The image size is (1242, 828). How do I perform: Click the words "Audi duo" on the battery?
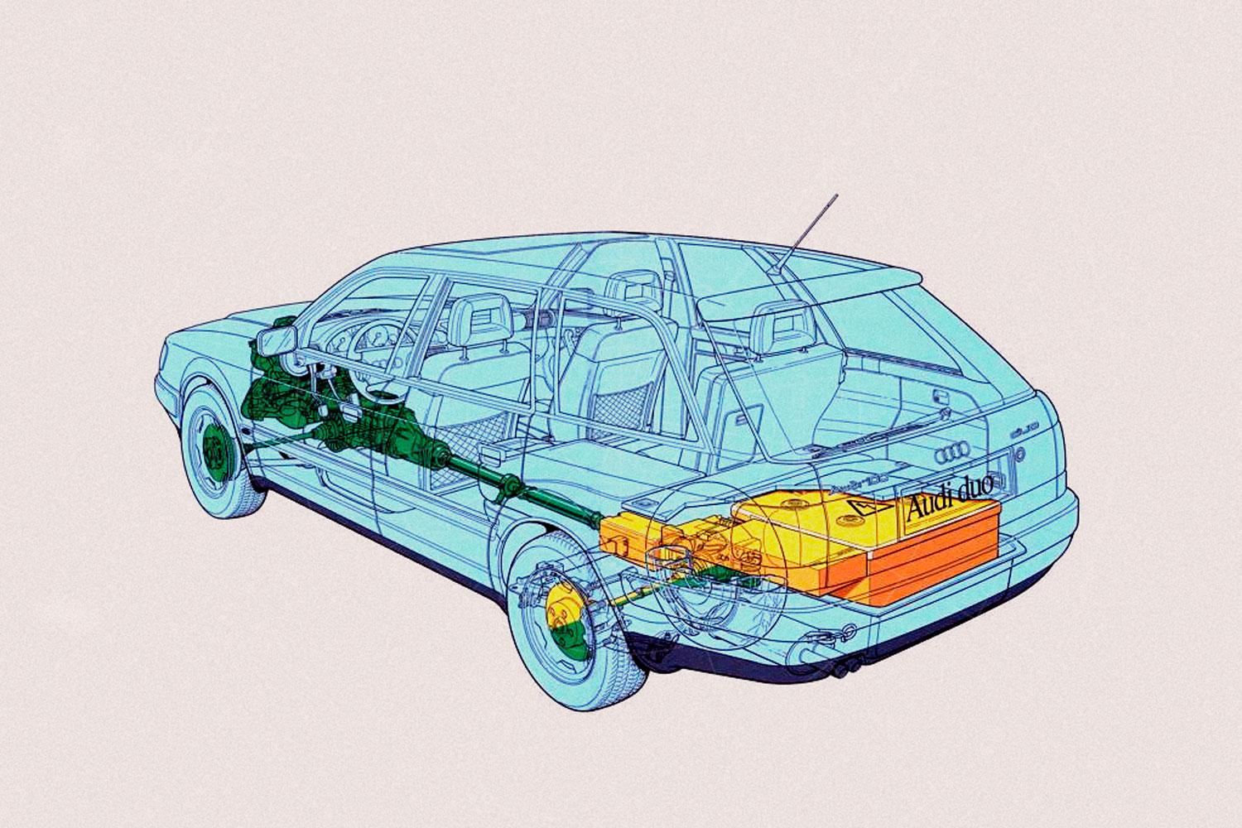click(x=950, y=506)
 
